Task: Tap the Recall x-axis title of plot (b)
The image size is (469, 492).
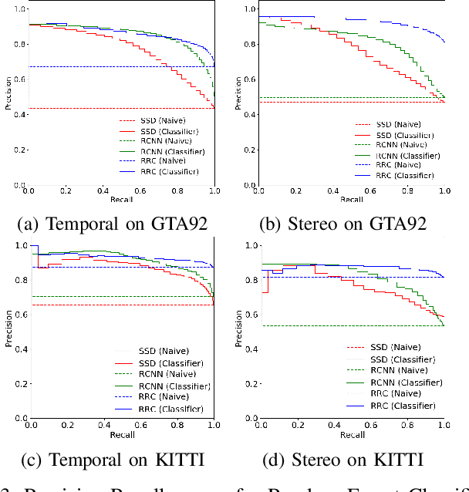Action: point(352,199)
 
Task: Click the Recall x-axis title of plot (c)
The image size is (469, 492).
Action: point(121,434)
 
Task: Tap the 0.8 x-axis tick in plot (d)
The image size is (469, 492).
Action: point(407,425)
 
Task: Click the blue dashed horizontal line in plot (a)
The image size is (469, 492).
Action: point(116,66)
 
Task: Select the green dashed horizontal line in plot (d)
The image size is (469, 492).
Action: point(347,325)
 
